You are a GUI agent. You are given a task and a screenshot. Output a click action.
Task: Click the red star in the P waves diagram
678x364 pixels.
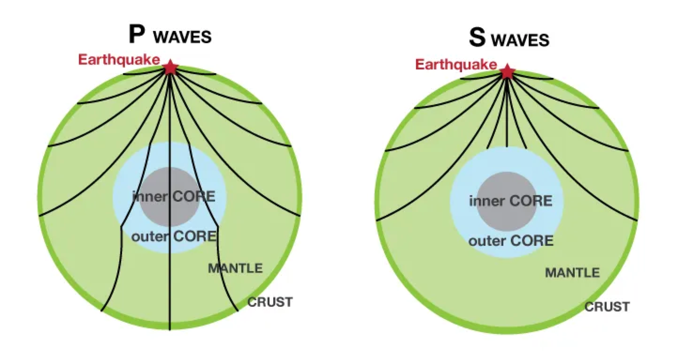170,68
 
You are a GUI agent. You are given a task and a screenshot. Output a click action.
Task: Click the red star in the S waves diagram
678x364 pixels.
507,72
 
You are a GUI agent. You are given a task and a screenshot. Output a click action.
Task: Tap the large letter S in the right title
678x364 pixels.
477,38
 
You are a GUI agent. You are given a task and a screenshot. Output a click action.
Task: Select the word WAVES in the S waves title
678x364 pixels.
520,40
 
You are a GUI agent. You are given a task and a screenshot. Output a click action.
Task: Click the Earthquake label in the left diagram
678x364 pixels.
119,60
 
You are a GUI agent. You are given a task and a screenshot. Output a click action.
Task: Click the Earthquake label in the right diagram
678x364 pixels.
455,64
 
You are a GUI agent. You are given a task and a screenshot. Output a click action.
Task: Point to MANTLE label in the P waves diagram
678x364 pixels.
235,269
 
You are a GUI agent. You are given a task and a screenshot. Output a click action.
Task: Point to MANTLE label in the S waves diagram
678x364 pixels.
572,273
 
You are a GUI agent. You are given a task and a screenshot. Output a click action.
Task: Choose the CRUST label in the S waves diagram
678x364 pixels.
607,307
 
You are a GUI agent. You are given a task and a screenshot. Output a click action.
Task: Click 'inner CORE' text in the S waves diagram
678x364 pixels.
510,201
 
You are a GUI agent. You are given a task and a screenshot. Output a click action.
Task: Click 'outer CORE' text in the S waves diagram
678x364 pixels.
511,241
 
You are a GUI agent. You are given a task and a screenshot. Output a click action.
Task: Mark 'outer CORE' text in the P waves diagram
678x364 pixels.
174,236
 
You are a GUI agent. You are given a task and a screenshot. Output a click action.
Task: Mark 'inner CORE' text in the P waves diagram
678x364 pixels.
174,197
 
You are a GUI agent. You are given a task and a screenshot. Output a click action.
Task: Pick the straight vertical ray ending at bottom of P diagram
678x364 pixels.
169,291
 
